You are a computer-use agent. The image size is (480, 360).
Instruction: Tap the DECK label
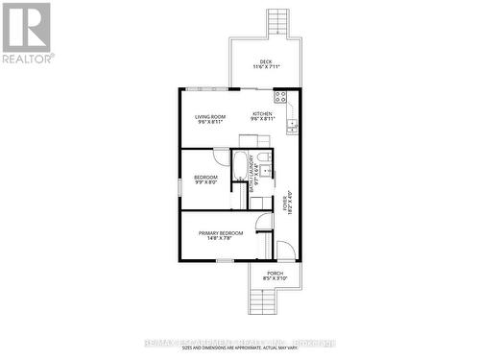(x=258, y=61)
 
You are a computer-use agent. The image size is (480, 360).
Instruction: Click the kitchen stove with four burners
(x=280, y=96)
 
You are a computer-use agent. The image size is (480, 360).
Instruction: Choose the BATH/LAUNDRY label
(x=253, y=179)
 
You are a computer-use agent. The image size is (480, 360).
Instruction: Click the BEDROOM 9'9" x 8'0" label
(x=205, y=180)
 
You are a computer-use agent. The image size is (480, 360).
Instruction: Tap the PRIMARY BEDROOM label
(x=221, y=232)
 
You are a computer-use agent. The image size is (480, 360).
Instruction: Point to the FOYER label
(x=285, y=203)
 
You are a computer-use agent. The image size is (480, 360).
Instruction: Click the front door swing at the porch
(x=286, y=251)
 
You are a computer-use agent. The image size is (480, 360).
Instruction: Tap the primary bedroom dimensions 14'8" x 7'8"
(x=221, y=239)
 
